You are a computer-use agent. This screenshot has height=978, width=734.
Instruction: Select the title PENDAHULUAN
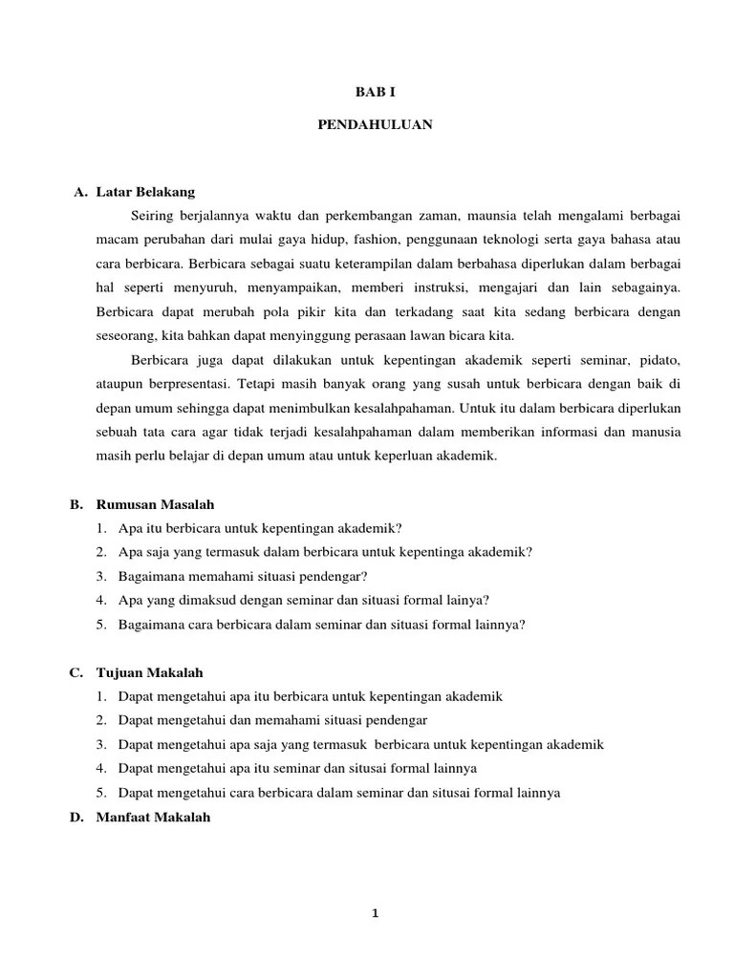point(375,124)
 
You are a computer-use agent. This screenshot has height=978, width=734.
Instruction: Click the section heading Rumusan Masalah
point(155,503)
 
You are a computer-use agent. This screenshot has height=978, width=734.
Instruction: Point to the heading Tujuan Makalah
point(150,672)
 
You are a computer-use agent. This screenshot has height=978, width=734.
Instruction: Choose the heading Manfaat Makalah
point(153,817)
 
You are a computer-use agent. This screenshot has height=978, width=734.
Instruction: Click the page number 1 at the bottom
point(376,913)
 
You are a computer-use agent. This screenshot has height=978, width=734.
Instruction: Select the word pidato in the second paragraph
point(662,359)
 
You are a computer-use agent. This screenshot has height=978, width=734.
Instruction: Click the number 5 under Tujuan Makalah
point(100,793)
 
